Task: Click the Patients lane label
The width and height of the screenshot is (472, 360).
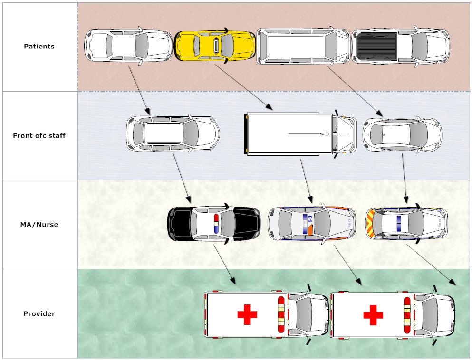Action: (39, 47)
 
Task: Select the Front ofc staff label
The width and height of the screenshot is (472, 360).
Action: (39, 136)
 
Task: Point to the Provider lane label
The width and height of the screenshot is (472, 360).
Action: (39, 314)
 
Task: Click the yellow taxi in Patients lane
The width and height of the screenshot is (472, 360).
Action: (215, 46)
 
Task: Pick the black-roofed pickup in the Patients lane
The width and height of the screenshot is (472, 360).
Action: (400, 47)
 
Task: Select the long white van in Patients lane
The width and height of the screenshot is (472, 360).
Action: (303, 46)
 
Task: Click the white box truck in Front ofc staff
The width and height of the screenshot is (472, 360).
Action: (299, 134)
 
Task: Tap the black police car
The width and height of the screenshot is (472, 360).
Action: (214, 223)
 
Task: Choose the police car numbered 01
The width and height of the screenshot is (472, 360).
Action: (312, 223)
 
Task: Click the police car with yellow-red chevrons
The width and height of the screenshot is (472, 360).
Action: (406, 223)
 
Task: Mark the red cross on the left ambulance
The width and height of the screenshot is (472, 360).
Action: (247, 314)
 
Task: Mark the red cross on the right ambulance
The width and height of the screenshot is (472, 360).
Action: (373, 314)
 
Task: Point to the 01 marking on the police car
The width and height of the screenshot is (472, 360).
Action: (309, 219)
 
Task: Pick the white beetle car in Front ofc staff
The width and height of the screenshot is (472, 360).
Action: (402, 134)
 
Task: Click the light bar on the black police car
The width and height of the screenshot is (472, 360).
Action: (216, 223)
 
